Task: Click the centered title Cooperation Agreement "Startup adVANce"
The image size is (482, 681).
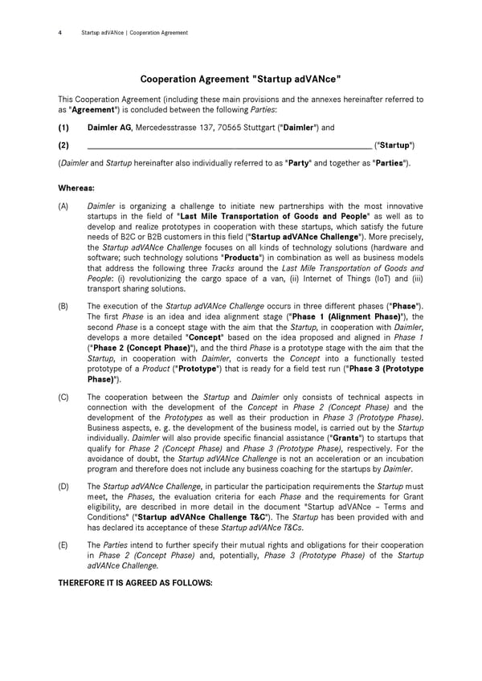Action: click(241, 79)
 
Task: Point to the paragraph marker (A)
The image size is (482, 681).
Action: click(63, 206)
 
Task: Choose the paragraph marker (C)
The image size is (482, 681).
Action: click(63, 397)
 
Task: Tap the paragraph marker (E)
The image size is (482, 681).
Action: click(63, 544)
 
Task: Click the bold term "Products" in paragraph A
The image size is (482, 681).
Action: click(241, 258)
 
